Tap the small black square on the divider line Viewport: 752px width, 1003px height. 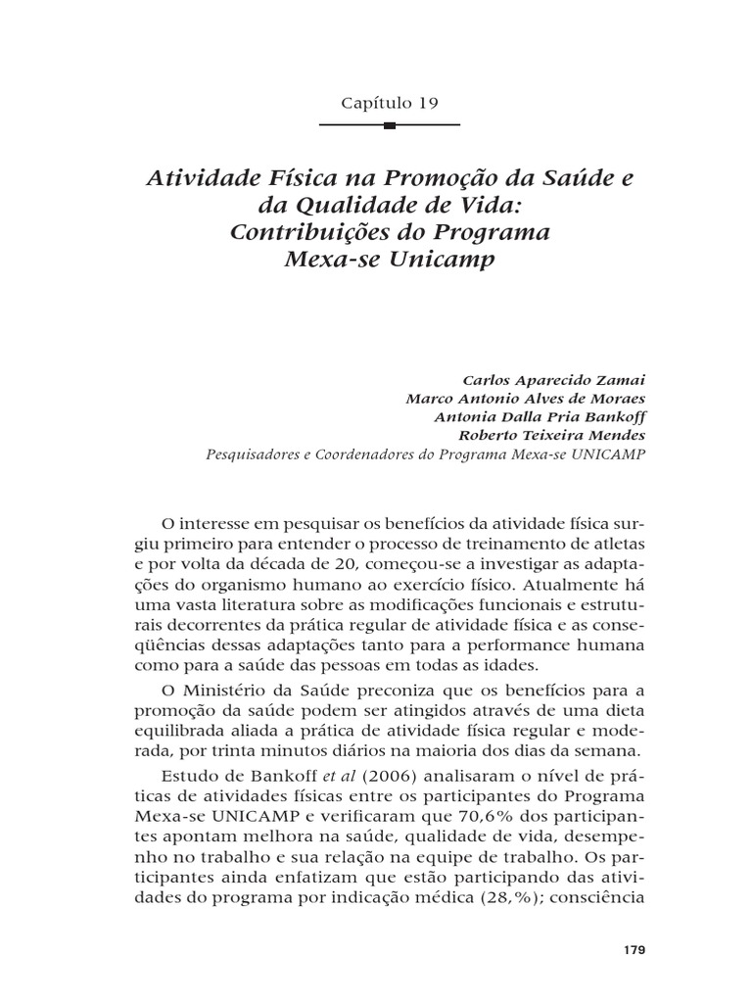(390, 125)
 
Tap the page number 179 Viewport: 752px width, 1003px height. (634, 951)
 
